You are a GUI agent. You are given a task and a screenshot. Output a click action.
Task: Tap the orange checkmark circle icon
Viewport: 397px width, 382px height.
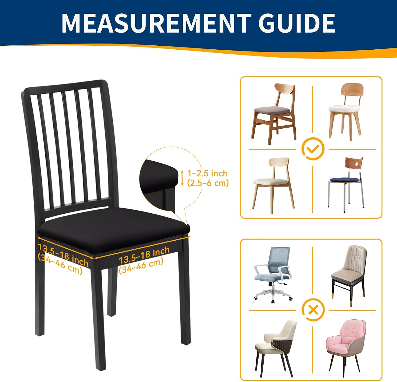313,149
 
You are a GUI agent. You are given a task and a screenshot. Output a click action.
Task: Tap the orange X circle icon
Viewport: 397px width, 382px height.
313,310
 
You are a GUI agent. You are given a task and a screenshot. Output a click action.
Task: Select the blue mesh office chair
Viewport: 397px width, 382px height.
273,275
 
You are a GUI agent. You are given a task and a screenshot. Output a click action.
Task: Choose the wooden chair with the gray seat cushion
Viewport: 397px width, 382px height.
273,114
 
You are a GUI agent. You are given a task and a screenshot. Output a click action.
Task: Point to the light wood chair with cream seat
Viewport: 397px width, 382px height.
273,186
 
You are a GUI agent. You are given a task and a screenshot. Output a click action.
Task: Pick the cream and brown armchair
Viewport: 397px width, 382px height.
275,348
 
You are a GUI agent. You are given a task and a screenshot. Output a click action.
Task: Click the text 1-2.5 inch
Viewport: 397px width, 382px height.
207,173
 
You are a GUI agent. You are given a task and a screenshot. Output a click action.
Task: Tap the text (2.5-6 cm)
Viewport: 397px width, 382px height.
208,183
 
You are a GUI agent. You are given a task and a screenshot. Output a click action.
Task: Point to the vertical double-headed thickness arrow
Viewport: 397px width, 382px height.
182,178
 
